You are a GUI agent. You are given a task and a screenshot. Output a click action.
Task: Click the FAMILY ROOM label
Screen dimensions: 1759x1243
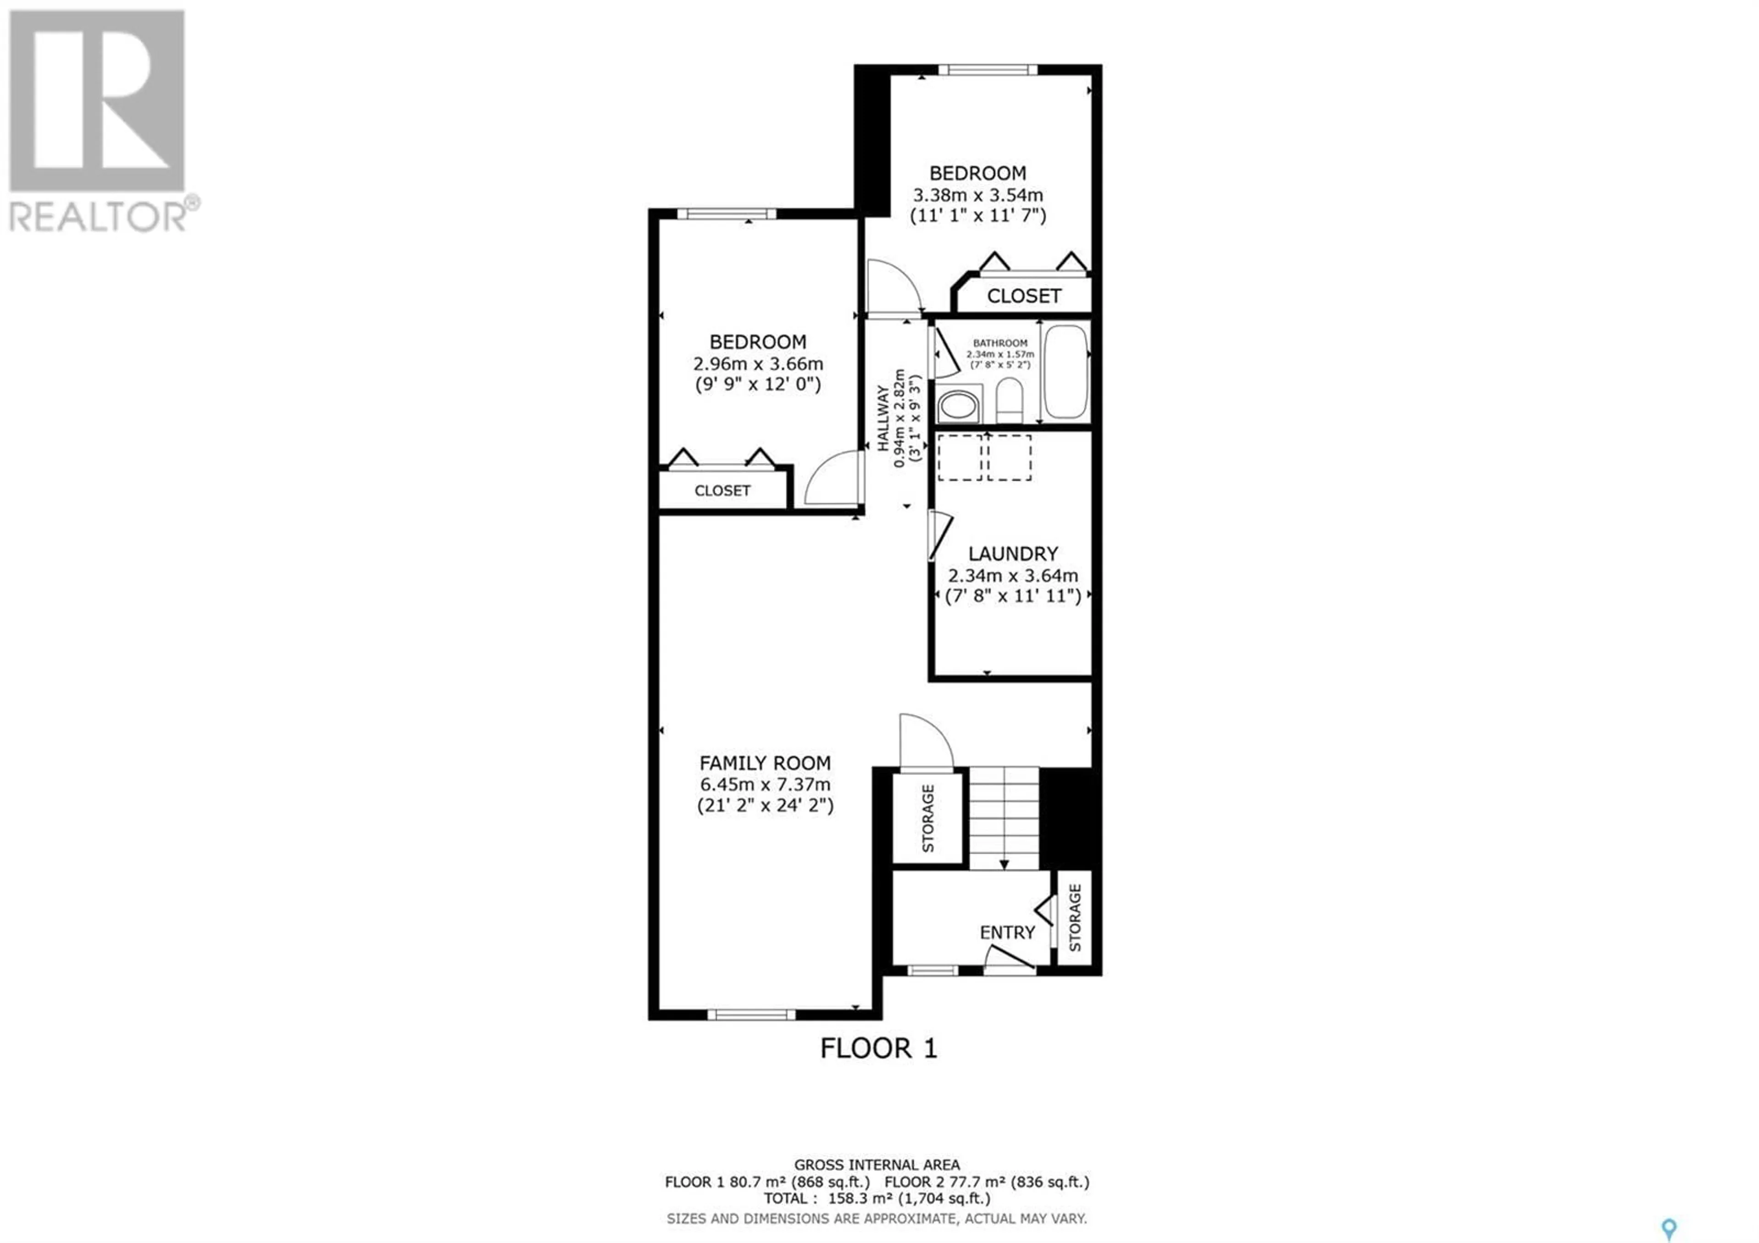765,763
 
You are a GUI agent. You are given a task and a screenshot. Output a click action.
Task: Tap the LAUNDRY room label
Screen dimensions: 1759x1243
1013,553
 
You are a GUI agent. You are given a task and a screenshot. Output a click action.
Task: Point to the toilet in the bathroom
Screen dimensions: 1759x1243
1009,399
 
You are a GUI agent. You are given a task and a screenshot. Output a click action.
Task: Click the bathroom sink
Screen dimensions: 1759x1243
958,406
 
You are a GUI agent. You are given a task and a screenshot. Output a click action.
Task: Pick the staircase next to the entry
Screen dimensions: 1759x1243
1004,819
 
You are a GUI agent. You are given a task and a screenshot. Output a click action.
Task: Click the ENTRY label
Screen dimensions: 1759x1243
1007,933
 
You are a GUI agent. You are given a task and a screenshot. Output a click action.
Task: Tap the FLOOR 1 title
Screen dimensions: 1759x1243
879,1048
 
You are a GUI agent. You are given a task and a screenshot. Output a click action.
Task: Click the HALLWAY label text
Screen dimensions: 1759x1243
883,418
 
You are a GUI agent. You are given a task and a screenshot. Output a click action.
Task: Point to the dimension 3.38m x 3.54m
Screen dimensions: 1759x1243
978,195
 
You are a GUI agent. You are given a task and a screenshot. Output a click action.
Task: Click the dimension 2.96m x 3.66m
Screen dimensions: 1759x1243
758,363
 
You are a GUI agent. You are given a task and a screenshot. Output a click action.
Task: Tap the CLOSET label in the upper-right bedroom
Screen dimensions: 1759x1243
1023,296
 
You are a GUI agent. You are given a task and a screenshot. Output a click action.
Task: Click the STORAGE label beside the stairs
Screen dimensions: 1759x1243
928,819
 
